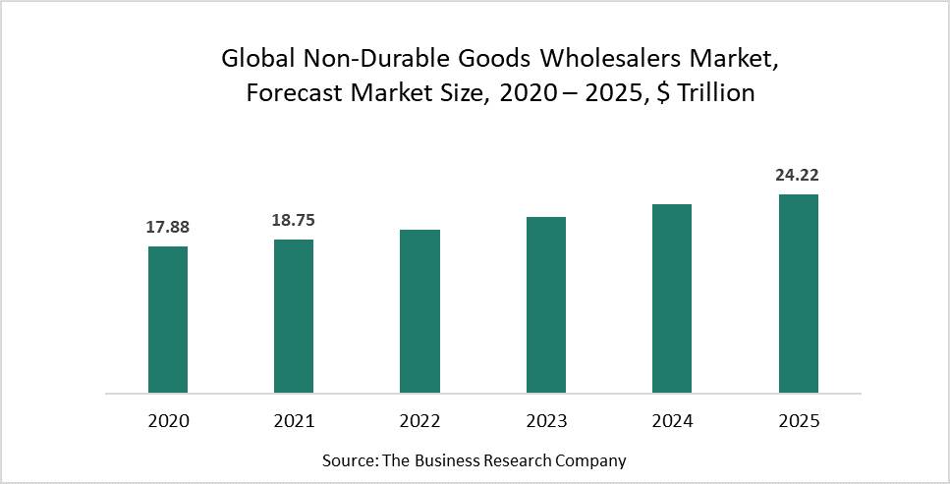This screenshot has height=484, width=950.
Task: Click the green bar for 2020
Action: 168,319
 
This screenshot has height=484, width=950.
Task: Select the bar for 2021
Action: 294,316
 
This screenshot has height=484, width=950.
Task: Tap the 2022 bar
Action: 419,311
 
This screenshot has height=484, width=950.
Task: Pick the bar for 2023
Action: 546,304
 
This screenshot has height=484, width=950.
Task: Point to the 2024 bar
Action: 672,298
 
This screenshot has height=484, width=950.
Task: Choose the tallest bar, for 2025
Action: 798,294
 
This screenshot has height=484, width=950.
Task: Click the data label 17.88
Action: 168,228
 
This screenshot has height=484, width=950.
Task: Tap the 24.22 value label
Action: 798,176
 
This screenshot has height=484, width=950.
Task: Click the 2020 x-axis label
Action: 168,421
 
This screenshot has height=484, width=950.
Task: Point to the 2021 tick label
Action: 294,421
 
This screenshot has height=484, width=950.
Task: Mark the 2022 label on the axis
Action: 419,421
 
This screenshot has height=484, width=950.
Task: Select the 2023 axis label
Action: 546,421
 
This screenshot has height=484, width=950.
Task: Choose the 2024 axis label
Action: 672,421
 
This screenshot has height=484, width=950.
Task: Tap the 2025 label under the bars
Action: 798,421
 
